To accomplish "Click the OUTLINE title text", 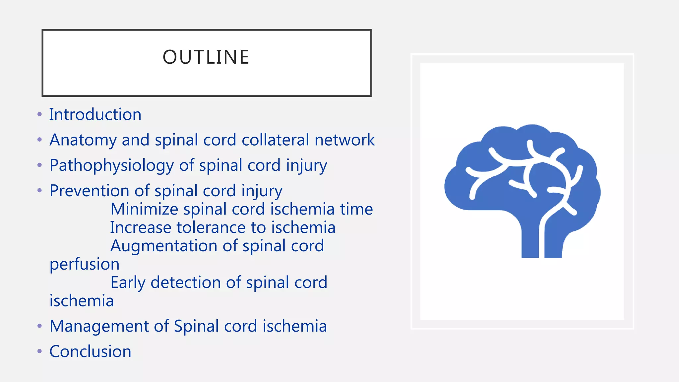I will pos(206,57).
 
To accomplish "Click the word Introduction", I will pos(95,115).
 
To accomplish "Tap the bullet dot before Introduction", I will pos(40,115).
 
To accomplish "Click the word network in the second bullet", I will pos(344,140).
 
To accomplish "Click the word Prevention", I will pos(89,191).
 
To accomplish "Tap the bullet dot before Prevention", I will pos(40,191).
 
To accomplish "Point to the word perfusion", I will pos(85,264).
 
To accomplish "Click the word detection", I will pos(185,283).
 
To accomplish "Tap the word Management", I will pos(99,326).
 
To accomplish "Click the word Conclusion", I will pos(90,351).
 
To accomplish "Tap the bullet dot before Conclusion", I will pos(40,351).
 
